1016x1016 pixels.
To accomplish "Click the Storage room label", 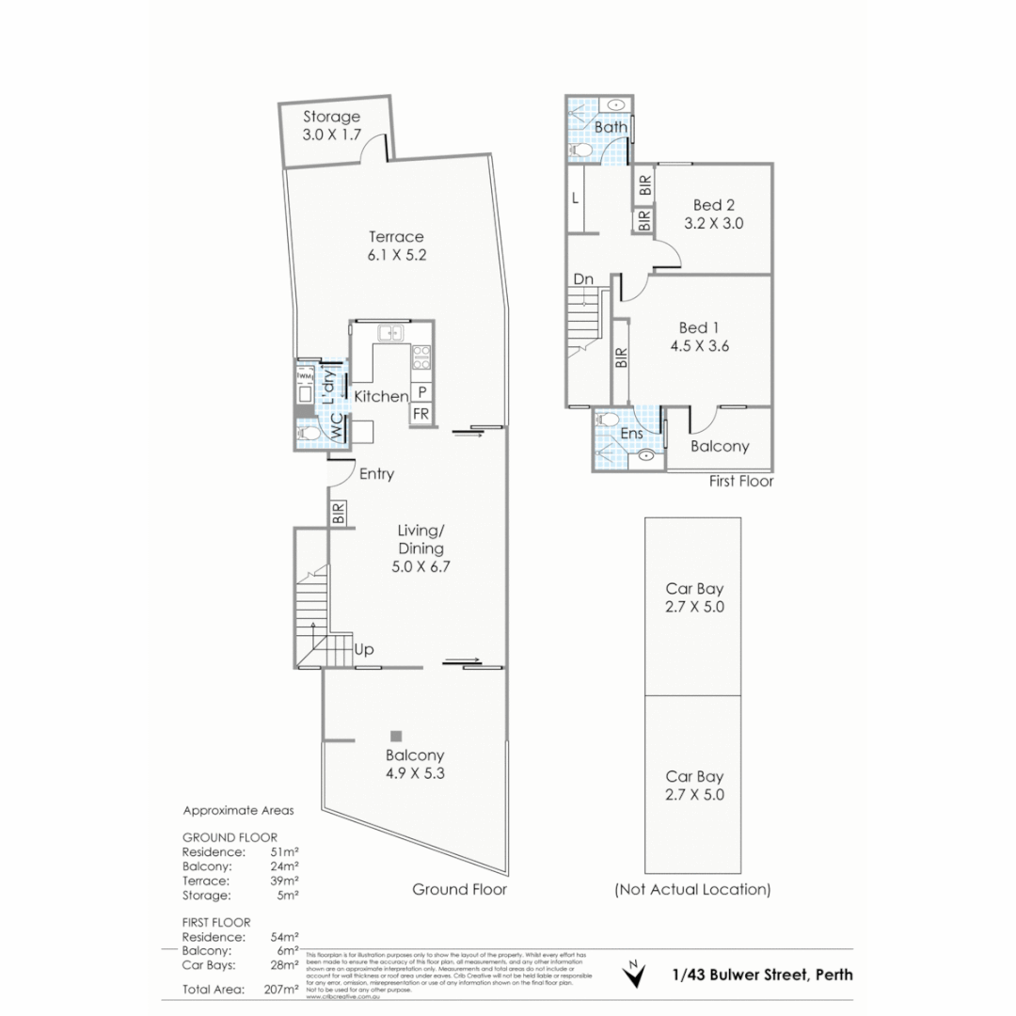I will point(331,118).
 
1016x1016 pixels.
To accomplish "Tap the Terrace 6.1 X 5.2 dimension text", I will point(396,255).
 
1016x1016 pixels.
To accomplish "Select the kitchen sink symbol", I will point(389,332).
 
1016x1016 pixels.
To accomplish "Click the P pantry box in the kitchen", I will point(422,392).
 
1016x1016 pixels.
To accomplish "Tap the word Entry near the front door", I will point(376,474).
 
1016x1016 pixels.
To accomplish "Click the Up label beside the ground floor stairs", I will point(365,649).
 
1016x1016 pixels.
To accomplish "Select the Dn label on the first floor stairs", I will point(583,279).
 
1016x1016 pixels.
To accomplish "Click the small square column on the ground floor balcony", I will point(397,736).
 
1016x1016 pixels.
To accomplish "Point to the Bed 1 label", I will point(699,327).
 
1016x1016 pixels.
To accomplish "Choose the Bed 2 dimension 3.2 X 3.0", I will point(713,224).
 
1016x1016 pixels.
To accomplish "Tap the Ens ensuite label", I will point(631,433).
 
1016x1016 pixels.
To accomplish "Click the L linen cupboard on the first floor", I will point(575,198).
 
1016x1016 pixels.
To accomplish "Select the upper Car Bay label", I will point(694,588).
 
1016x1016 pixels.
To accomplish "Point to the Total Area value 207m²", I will point(283,990).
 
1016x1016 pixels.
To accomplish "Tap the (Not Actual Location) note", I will point(692,889).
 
